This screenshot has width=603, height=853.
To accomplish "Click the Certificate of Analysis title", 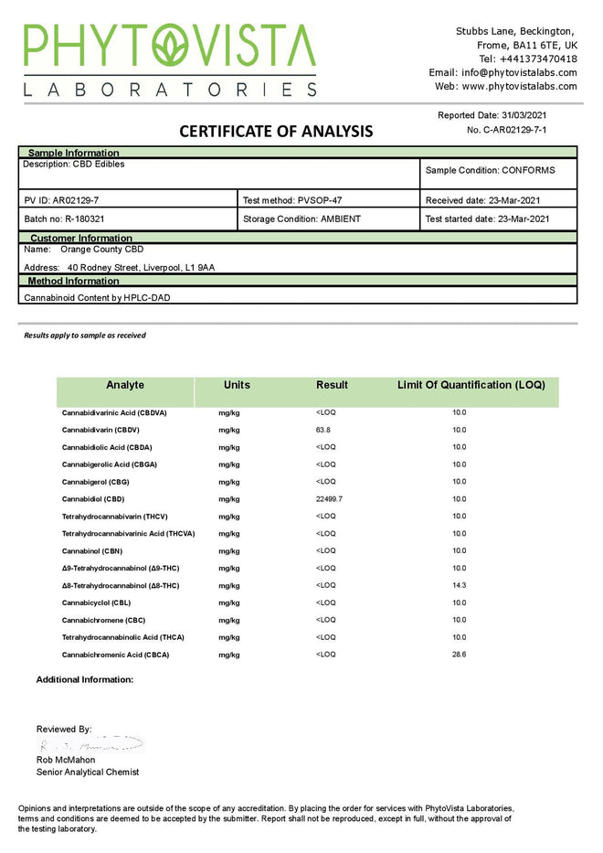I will (x=276, y=131).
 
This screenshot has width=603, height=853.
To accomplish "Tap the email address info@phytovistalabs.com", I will (x=519, y=72).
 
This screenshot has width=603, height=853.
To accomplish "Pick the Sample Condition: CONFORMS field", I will (x=490, y=170).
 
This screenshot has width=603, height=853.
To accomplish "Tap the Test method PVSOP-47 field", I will (x=292, y=199).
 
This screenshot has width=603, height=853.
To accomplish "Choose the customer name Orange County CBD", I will (x=101, y=249).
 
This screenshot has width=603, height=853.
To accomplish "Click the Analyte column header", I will (x=125, y=385).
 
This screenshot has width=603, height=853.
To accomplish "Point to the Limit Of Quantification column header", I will (x=471, y=385).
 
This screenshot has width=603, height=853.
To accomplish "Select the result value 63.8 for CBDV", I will (x=323, y=430).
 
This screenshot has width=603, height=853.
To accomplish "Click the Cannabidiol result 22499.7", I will (x=328, y=499).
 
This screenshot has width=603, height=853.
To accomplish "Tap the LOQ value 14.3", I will (x=459, y=585).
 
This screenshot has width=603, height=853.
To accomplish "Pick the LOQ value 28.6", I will (x=459, y=655).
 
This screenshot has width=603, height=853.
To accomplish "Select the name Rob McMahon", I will (x=66, y=760).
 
